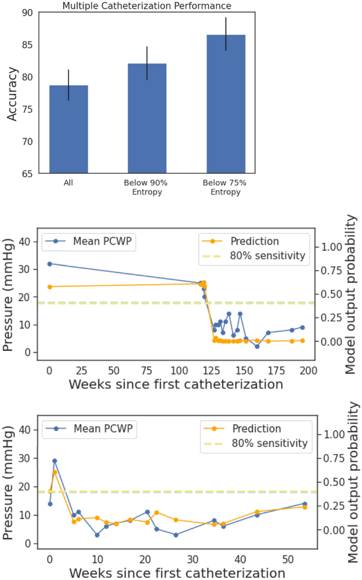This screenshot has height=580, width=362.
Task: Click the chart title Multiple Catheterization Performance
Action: click(146, 6)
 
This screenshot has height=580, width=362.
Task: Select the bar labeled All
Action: click(69, 129)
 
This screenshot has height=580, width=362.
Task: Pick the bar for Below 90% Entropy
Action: click(147, 118)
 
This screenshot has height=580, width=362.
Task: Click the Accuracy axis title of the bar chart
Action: click(12, 93)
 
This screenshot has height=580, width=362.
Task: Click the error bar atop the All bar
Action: click(69, 85)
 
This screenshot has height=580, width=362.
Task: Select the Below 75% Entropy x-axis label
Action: click(225, 187)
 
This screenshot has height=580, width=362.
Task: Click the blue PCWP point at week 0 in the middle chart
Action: click(50, 264)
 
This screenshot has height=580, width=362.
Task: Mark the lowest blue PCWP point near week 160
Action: click(257, 347)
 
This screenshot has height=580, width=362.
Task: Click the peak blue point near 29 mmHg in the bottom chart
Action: click(54, 461)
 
